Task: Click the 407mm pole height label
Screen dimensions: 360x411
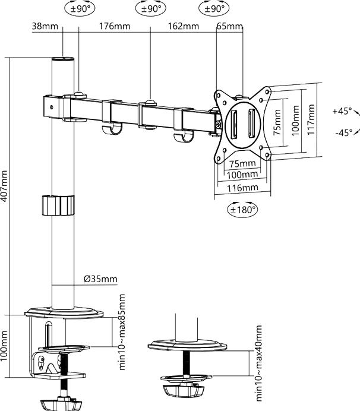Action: pos(4,186)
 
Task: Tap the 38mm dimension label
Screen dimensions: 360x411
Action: pos(45,26)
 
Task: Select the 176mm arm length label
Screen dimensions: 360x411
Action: pos(114,26)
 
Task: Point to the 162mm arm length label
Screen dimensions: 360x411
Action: pos(184,26)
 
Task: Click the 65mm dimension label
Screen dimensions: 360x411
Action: pos(230,26)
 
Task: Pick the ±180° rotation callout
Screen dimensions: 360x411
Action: pos(242,210)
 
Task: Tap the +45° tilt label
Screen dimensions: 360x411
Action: pos(342,111)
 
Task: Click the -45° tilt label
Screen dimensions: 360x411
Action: pos(344,132)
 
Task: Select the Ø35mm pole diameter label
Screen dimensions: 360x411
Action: pos(100,279)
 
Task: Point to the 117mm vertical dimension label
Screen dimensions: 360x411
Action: pos(311,119)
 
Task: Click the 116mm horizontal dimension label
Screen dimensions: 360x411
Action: pos(242,188)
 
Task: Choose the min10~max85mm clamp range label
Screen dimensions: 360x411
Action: pos(122,332)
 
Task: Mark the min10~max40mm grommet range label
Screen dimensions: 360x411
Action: pos(258,363)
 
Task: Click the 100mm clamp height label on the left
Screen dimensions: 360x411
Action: pos(4,346)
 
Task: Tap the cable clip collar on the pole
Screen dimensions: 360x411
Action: pos(58,205)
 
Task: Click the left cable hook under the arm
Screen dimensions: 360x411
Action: pos(112,129)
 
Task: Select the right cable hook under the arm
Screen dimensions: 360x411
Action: pos(184,136)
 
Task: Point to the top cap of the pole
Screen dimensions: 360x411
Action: pos(63,59)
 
